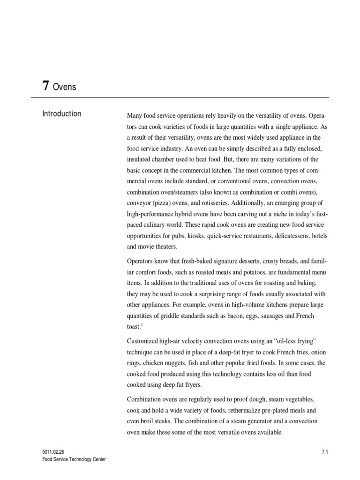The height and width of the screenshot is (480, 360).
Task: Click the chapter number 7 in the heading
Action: click(45, 86)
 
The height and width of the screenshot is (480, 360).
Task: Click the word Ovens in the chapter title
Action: click(65, 87)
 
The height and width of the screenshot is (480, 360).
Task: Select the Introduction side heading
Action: click(61, 114)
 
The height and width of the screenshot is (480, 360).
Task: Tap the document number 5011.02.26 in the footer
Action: click(53, 451)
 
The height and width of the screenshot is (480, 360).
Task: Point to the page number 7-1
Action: click(324, 451)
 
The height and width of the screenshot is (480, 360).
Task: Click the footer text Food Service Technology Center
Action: click(74, 459)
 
